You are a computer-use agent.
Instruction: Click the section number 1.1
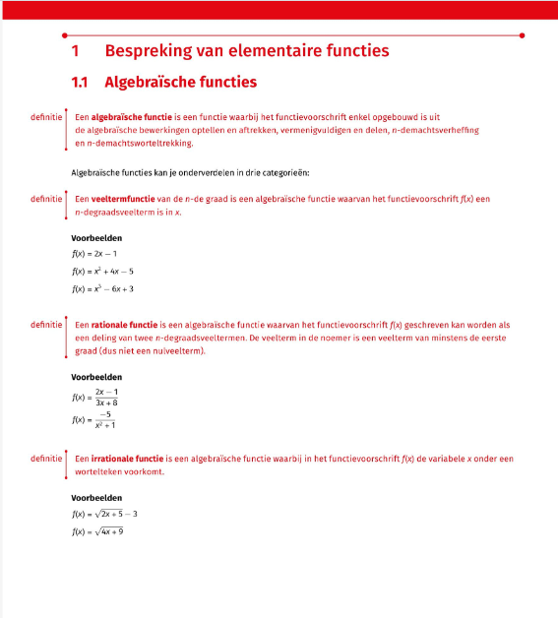click(x=81, y=82)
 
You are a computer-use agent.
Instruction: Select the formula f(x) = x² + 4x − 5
click(x=102, y=271)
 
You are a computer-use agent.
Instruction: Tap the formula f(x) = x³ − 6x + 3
click(x=102, y=288)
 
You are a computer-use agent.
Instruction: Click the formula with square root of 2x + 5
click(x=104, y=514)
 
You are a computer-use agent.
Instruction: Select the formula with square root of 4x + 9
click(x=97, y=531)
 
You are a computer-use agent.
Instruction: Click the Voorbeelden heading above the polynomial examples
click(x=96, y=237)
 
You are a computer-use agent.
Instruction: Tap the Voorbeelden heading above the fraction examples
click(x=96, y=376)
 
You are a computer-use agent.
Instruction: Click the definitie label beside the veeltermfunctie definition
click(x=47, y=198)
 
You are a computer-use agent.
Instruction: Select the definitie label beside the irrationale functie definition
click(x=47, y=459)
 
